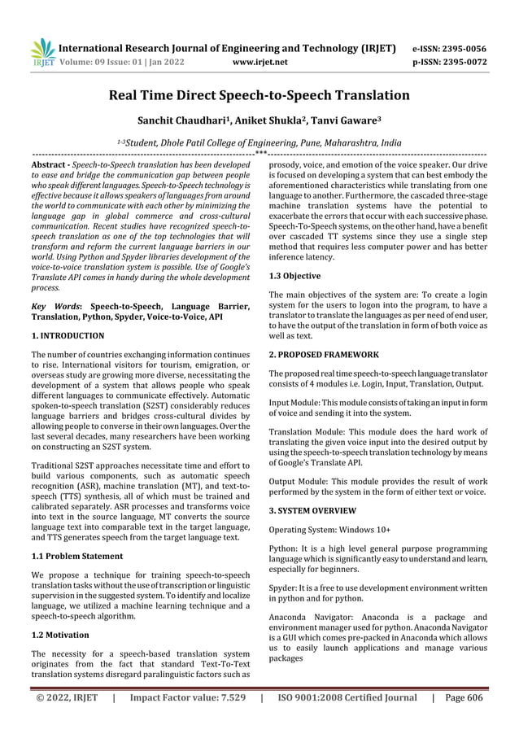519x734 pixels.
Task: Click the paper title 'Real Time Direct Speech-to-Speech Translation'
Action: (259, 95)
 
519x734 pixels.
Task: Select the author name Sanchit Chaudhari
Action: (194, 120)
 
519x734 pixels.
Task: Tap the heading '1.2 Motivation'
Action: (61, 631)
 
